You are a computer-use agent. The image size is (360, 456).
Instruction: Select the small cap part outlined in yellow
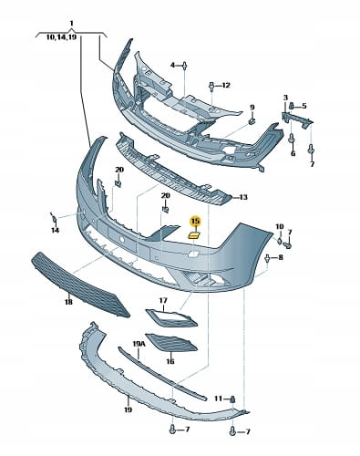193,234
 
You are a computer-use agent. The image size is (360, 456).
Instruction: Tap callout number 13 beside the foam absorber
243,198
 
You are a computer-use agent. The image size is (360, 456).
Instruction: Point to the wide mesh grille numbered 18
80,285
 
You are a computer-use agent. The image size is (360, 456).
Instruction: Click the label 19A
139,344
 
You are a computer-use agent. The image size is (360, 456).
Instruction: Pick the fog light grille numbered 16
171,343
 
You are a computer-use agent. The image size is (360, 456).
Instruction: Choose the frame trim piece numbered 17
171,317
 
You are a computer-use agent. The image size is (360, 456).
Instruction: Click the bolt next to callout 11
232,399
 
